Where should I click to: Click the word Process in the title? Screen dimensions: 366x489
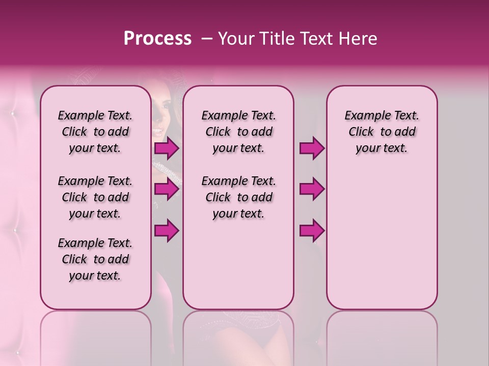tap(157, 39)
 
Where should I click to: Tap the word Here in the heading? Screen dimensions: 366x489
tap(358, 39)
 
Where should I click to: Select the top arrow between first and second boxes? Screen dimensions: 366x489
tap(167, 148)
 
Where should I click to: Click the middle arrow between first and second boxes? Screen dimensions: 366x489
tap(167, 189)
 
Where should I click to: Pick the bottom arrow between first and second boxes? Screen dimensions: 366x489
tap(167, 231)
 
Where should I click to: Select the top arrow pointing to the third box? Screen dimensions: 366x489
tap(312, 148)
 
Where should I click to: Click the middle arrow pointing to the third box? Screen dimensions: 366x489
tap(312, 189)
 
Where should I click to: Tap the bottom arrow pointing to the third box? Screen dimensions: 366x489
tap(312, 231)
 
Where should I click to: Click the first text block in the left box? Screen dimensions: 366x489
tap(95, 132)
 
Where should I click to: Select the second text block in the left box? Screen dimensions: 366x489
tap(95, 197)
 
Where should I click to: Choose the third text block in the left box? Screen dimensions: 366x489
tap(95, 259)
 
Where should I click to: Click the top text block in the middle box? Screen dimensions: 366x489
tap(238, 132)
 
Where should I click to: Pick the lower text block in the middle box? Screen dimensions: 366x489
tap(238, 197)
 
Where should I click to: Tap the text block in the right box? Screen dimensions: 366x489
tap(382, 132)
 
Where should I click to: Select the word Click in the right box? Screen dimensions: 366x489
tap(361, 132)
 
